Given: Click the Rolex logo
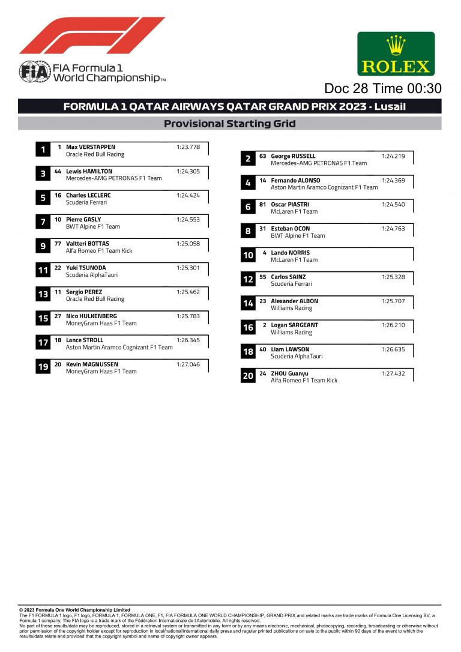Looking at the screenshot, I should pos(396,54).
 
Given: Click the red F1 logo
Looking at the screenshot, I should pos(92,35).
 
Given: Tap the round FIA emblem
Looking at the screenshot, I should pos(34,71).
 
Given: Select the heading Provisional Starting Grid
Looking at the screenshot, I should pos(230,124).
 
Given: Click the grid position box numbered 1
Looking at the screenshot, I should pos(43,150).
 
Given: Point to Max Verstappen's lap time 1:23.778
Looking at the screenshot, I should pos(188,147).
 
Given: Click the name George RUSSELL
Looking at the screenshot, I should pos(293,156).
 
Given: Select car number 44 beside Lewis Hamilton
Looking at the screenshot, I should pos(58,171).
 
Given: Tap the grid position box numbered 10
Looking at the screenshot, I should pos(248,256).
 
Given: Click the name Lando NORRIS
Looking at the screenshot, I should pos(290,253).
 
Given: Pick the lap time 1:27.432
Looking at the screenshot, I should pos(393,373).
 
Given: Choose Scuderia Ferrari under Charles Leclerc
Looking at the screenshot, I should pos(86,202).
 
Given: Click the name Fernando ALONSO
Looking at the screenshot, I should pos(295,180).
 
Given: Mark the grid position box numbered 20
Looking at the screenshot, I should pos(248,376).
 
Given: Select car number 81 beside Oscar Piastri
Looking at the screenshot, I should pos(263,205).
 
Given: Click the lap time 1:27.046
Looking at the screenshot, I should pos(188,364).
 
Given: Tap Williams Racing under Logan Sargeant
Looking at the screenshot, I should pos(291,332).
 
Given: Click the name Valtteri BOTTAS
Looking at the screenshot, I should pos(88,244).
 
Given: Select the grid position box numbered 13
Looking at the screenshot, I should pos(43,295).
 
